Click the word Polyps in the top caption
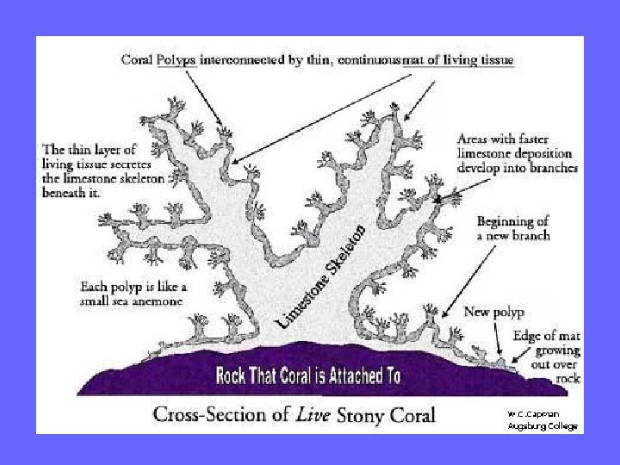pos(177,59)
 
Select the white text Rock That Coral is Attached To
pos(308,376)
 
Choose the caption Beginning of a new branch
pos(512,228)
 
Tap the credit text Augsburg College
pos(542,426)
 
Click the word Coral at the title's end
pos(412,414)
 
